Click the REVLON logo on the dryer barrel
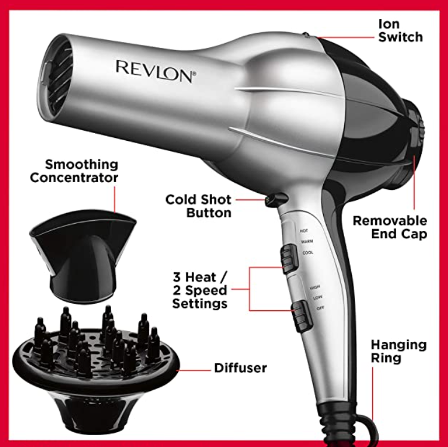point(156,71)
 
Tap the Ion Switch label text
point(400,30)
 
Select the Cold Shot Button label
point(198,206)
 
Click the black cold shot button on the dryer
point(275,199)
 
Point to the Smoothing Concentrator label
point(74,171)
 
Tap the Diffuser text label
point(240,368)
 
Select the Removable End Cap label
point(390,227)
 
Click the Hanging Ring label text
point(398,352)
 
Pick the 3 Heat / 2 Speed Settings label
point(200,290)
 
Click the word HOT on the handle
point(303,230)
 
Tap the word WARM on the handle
point(307,242)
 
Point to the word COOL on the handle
point(308,252)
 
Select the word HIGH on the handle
point(315,288)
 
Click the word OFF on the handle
point(320,309)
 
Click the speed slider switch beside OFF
point(301,316)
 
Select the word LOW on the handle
point(317,298)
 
